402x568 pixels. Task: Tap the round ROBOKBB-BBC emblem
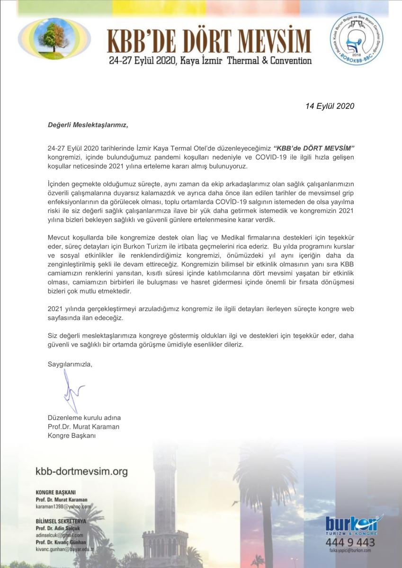(357, 39)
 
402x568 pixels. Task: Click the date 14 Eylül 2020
(330, 106)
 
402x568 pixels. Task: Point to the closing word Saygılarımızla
(70, 364)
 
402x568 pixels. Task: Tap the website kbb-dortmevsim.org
(82, 471)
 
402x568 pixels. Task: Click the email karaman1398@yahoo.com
(63, 506)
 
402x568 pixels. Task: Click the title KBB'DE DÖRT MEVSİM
(209, 41)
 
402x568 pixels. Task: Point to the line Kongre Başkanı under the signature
(71, 435)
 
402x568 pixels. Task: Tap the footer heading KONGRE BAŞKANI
(55, 492)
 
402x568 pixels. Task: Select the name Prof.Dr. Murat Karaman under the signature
(83, 426)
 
